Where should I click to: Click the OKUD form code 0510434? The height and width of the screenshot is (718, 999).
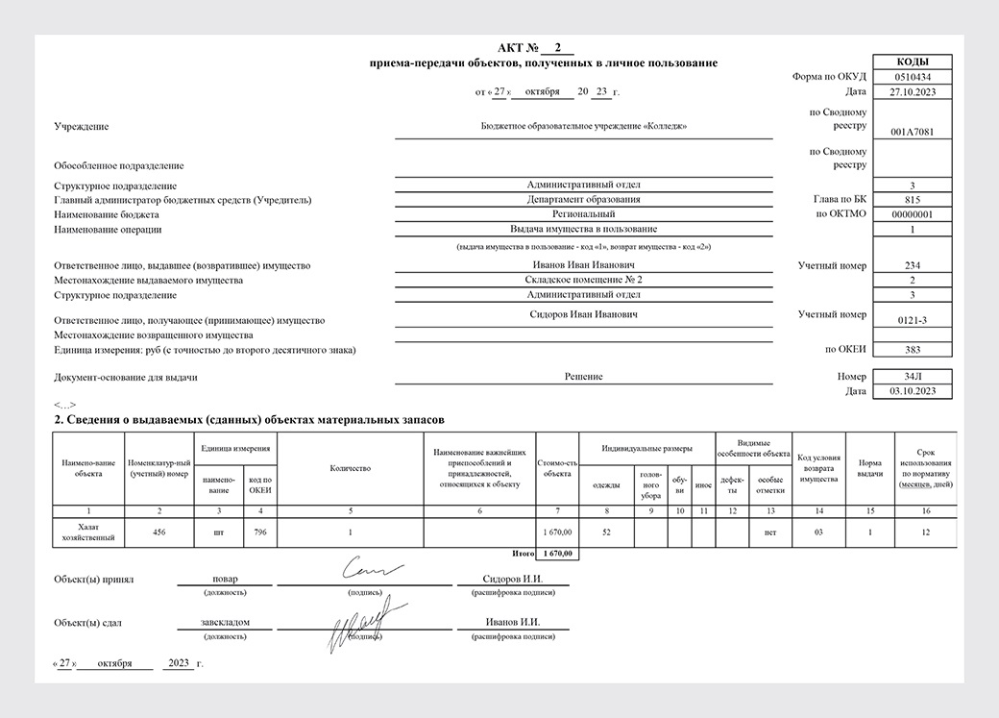tap(912, 77)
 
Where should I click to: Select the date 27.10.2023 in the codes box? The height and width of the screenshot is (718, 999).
tap(912, 92)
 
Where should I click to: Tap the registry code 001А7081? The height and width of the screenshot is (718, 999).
tap(912, 132)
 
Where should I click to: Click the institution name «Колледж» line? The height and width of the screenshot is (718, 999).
tap(583, 126)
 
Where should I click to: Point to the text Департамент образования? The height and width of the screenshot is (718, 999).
tap(583, 199)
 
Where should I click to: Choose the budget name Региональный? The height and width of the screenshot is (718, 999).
tap(583, 214)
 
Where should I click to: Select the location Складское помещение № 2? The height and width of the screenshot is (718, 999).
tap(583, 280)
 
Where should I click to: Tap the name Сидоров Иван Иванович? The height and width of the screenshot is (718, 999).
tap(583, 314)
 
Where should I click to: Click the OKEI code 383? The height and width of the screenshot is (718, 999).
tap(912, 351)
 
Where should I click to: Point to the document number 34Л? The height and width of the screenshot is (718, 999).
tap(912, 377)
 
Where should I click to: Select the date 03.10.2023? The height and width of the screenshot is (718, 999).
tap(912, 391)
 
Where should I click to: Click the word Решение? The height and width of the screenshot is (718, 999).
tap(583, 377)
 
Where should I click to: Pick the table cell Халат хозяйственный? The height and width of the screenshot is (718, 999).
tap(88, 532)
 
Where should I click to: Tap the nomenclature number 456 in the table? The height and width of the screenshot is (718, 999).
tap(159, 532)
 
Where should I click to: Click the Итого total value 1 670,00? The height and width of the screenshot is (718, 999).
tap(557, 554)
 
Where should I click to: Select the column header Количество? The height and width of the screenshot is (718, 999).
tap(350, 468)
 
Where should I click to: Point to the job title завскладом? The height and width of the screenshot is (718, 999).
tap(226, 622)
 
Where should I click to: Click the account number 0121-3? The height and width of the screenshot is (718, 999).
tap(912, 320)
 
